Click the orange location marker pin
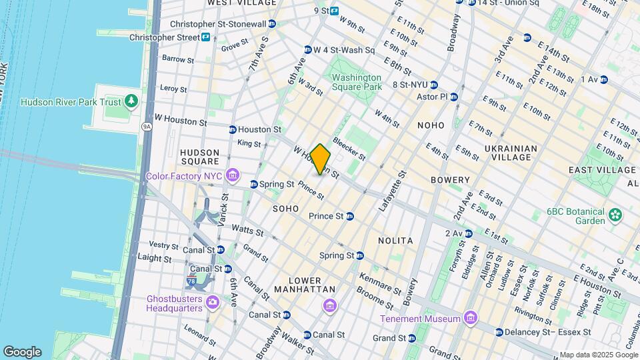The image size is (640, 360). coord(321,159)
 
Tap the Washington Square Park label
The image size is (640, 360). coord(357,82)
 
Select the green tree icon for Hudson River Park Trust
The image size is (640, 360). coord(132,101)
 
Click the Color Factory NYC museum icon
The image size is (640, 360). coord(233,176)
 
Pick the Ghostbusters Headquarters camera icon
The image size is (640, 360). coord(212,303)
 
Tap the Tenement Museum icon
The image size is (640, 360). coord(471,317)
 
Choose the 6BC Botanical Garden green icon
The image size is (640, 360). coord(615,215)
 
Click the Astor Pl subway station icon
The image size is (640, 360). coord(454,97)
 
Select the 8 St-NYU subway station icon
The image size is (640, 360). coord(434,85)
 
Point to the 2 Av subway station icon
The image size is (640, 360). coord(469,233)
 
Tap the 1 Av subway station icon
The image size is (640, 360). coord(604,79)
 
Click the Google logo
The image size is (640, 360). coord(22,351)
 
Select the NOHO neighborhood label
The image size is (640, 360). coord(431,125)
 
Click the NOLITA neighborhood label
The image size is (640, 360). coord(395,240)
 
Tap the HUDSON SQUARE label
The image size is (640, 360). coord(200,156)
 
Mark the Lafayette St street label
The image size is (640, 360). coord(392,191)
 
